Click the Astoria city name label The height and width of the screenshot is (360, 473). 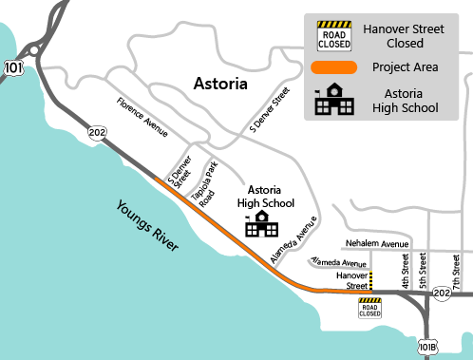[x=220, y=84]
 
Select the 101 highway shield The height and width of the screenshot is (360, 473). [x=12, y=68]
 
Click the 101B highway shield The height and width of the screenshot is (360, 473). [x=428, y=348]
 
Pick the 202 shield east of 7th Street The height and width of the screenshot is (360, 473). [x=442, y=294]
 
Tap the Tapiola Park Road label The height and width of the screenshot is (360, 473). [x=201, y=180]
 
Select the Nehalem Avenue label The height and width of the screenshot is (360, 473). [x=376, y=243]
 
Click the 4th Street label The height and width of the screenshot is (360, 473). [x=406, y=271]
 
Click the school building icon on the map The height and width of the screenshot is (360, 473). [x=259, y=223]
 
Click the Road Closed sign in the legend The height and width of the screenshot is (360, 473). [x=333, y=34]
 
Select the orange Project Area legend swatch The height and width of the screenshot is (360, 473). [x=333, y=66]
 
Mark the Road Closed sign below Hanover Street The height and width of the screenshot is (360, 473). [x=369, y=308]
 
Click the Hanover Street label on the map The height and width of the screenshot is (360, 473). [x=353, y=280]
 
